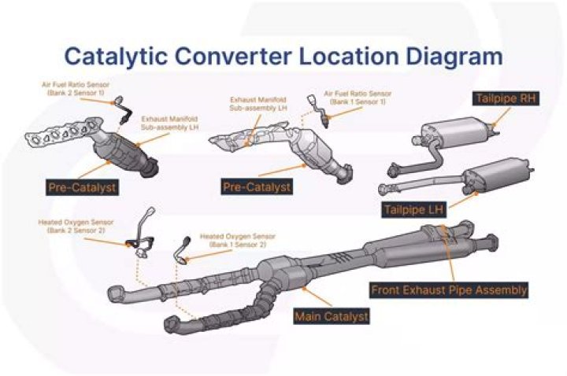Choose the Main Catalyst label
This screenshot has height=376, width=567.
coord(331,316)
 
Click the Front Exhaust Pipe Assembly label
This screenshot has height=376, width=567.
coord(449,289)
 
